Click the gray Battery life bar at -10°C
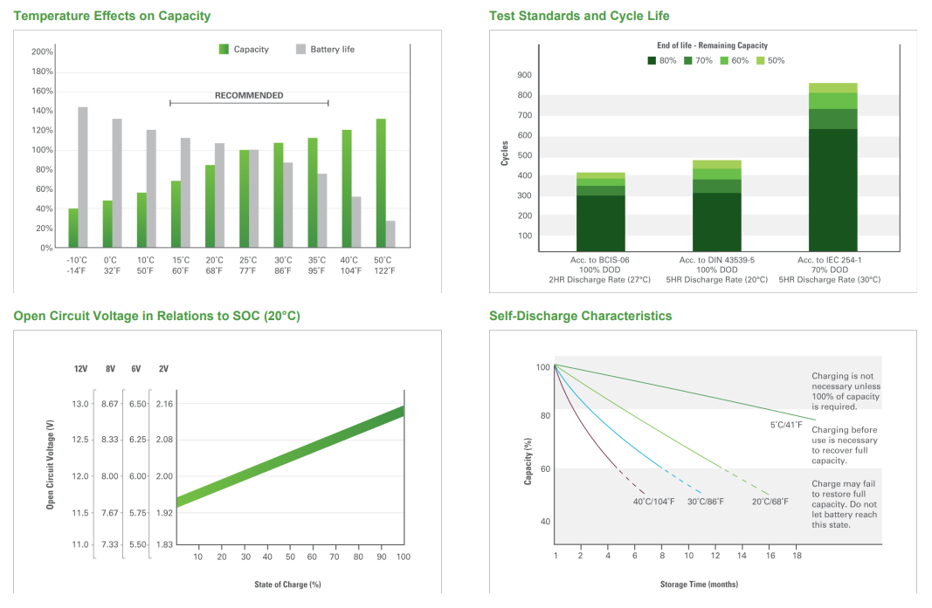pos(83,177)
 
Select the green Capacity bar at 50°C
pos(381,183)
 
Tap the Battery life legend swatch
pos(300,49)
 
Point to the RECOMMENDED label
pos(249,95)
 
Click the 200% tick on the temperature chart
pos(42,51)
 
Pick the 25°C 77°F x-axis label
pos(248,265)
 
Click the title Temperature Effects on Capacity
pos(113,16)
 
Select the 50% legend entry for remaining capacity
pos(770,60)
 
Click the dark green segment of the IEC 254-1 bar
pos(832,190)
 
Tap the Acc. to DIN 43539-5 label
pos(717,260)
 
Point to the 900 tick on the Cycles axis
pos(525,75)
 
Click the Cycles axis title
pos(505,154)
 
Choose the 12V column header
pos(81,369)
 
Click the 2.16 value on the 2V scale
pos(164,404)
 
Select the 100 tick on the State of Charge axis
pos(403,557)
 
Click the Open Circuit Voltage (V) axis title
pos(50,464)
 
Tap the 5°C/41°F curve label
pos(786,425)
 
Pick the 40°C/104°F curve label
pos(654,502)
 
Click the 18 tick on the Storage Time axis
pos(797,555)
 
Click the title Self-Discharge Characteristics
pos(581,316)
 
